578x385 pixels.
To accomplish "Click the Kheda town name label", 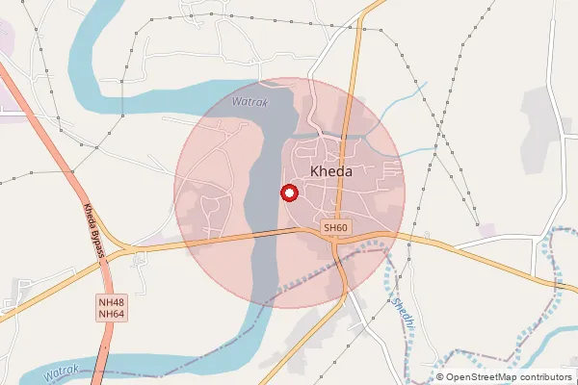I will point(331,171).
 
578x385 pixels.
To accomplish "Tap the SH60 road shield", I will point(335,228).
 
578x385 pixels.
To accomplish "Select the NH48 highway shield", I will point(111,302).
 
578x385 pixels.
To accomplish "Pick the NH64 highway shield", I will point(111,314).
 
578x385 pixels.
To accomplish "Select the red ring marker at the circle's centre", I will point(287,192).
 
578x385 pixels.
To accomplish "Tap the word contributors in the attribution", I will point(540,377).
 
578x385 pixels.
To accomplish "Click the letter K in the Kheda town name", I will point(315,171).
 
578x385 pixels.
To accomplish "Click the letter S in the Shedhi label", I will point(395,301).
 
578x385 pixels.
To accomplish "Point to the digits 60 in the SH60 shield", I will point(341,228).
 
